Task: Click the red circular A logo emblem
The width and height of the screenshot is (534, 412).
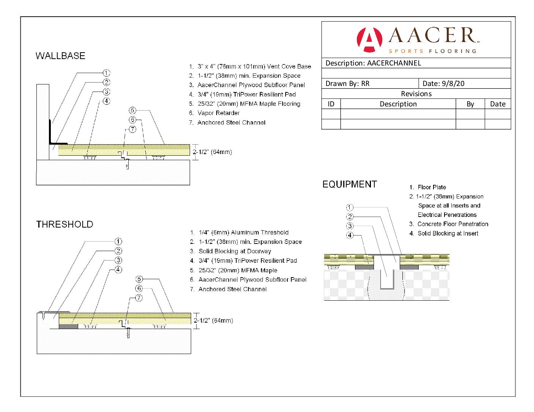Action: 369,40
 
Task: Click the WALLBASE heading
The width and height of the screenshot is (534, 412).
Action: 60,56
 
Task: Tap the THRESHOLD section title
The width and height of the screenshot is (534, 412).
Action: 64,224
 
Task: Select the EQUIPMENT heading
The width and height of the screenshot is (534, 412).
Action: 349,184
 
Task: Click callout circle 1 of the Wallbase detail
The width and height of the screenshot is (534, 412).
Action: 106,73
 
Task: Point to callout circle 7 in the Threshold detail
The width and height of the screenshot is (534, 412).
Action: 139,298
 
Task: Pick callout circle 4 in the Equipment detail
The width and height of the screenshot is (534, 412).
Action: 350,235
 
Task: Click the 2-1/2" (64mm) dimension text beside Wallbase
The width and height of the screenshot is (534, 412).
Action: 212,152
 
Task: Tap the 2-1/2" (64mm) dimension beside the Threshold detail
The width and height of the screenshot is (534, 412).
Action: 213,320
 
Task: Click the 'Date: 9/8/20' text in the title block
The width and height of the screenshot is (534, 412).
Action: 443,83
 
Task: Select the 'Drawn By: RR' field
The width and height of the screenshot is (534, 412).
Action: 347,83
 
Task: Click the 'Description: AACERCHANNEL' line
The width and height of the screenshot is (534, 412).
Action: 373,63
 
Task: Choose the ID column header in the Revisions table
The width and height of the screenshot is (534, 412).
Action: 331,104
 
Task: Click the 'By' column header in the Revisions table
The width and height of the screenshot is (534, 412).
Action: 470,104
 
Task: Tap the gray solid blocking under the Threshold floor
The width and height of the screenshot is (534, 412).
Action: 68,326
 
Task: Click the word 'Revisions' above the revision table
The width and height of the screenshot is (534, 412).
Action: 416,94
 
